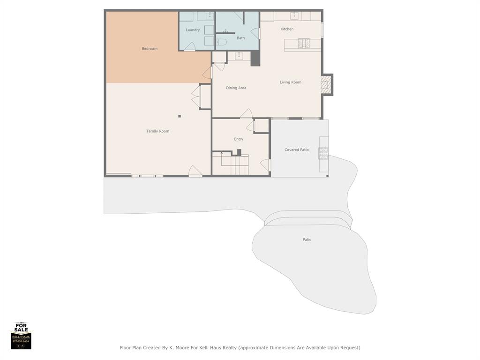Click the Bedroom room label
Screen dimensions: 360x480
click(x=150, y=49)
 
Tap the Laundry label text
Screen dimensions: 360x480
click(x=193, y=30)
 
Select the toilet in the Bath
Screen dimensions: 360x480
click(x=222, y=42)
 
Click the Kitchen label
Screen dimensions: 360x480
click(x=287, y=29)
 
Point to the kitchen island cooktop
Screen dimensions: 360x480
click(x=304, y=44)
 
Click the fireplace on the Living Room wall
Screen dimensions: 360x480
click(x=325, y=85)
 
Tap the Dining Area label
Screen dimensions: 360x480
click(x=236, y=88)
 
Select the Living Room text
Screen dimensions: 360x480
click(x=290, y=82)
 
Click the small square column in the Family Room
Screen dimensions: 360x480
click(x=180, y=116)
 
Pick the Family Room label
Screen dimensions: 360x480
click(x=158, y=131)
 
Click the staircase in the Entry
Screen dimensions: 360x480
click(x=235, y=164)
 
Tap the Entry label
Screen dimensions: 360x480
click(x=239, y=139)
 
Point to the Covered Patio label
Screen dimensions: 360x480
click(x=296, y=150)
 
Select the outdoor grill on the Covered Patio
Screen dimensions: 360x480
click(x=323, y=153)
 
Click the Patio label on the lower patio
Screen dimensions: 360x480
click(x=307, y=240)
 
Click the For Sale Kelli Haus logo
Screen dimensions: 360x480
click(x=21, y=336)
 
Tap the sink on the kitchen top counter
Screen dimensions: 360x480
click(x=295, y=15)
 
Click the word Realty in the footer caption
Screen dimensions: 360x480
click(x=228, y=348)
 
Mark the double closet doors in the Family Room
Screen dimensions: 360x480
click(x=196, y=96)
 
